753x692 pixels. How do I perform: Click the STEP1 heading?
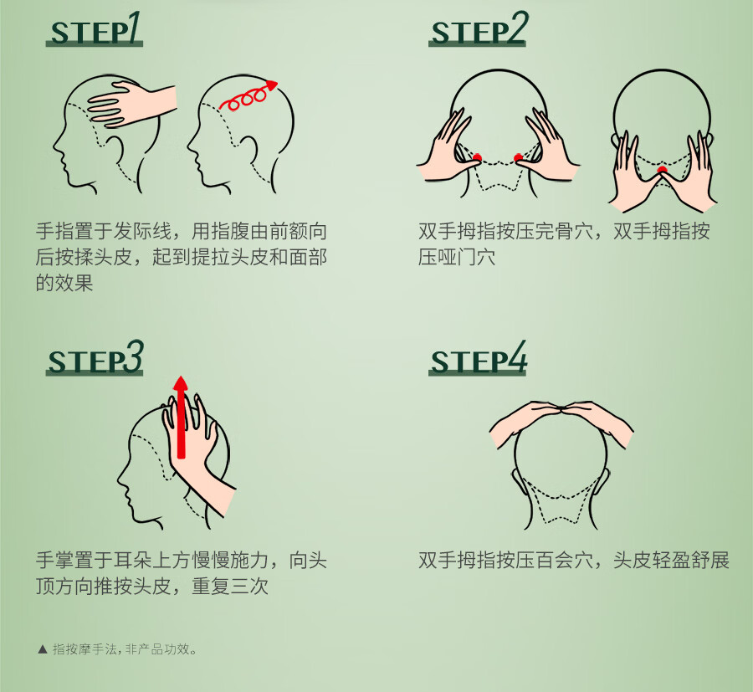click(x=95, y=29)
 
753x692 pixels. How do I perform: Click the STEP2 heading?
click(x=478, y=29)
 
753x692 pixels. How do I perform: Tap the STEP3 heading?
click(x=95, y=358)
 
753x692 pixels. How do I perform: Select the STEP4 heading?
click(x=478, y=358)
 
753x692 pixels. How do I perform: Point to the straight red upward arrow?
click(x=181, y=418)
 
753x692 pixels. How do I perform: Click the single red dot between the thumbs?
click(x=663, y=170)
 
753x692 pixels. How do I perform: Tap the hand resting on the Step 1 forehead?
click(x=130, y=105)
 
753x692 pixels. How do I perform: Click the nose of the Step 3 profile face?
click(x=120, y=477)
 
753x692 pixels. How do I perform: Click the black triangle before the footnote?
click(x=43, y=649)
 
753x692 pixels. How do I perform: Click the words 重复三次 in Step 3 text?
click(x=230, y=586)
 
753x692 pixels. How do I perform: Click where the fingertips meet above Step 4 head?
click(x=561, y=410)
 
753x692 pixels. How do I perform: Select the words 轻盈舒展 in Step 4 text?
click(x=690, y=560)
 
